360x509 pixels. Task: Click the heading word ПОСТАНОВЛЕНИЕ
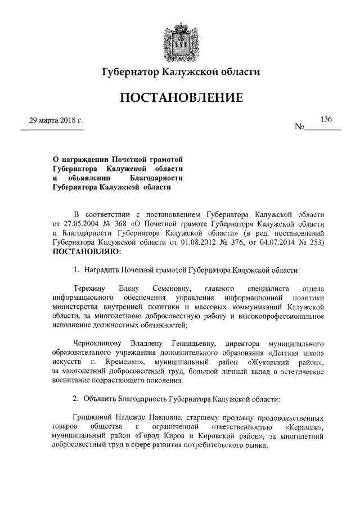[180, 98]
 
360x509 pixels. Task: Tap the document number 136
[326, 119]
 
